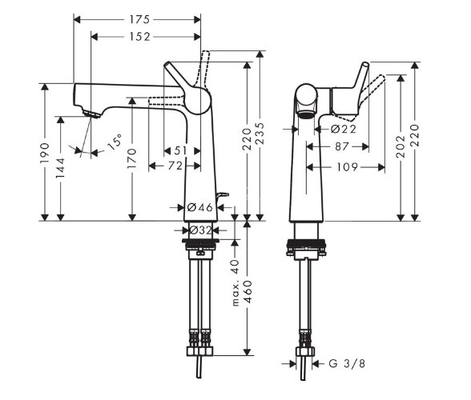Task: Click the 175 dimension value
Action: [x=139, y=20]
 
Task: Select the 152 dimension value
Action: [x=139, y=37]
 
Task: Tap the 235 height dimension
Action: [x=260, y=134]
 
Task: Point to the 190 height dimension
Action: [x=45, y=153]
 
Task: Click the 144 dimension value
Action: [x=60, y=167]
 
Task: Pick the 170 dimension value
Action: [x=132, y=158]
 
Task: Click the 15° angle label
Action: [x=115, y=142]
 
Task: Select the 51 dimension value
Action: [x=180, y=150]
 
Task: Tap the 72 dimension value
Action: [x=175, y=166]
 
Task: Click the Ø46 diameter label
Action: [x=199, y=207]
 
